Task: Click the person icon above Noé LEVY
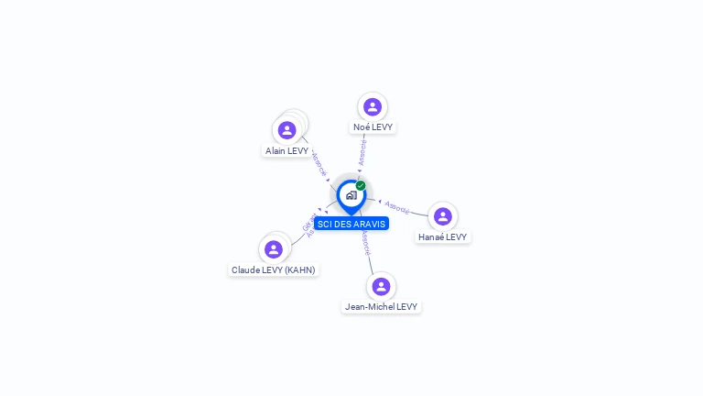point(372,106)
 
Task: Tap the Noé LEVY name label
point(373,126)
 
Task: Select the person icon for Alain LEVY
point(287,130)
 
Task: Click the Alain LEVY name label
point(287,150)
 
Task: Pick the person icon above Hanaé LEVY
point(443,216)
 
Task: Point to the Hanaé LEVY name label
point(442,236)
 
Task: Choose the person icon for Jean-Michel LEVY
point(382,286)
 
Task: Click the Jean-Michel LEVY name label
point(382,306)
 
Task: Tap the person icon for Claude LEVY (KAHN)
point(273,249)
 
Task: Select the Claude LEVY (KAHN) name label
point(273,269)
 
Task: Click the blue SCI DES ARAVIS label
point(351,224)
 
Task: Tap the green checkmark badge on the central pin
point(361,185)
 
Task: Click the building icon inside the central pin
point(351,195)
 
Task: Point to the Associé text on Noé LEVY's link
point(362,152)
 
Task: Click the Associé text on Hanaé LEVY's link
point(397,207)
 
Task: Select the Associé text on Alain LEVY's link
point(318,163)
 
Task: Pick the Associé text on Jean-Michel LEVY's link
point(366,243)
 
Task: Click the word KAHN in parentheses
point(299,269)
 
